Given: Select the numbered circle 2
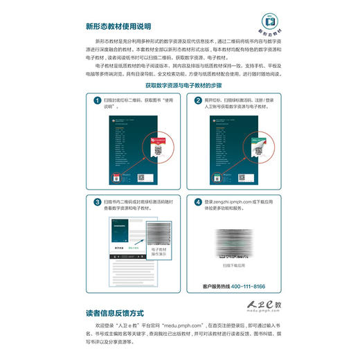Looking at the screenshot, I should click(x=198, y=101).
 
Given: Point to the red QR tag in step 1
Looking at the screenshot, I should click(x=156, y=147).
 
